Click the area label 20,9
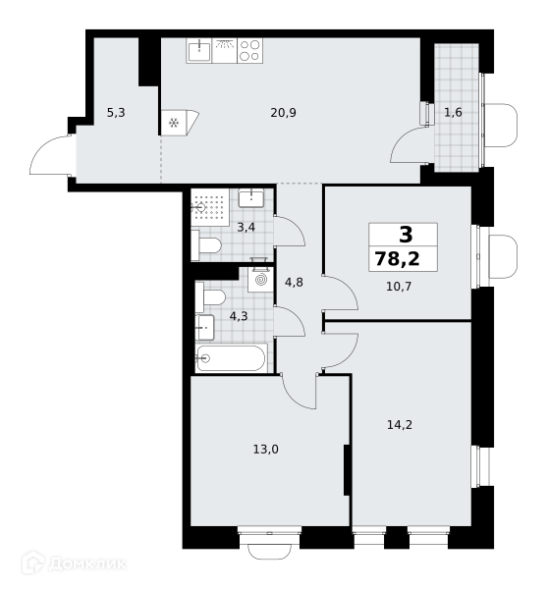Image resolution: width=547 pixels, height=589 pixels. point(283,112)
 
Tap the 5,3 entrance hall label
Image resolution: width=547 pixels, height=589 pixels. point(116,112)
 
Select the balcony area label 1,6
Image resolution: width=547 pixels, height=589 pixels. point(453,112)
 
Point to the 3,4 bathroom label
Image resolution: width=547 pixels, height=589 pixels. point(246,228)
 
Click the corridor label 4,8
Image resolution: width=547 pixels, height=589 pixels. point(294,282)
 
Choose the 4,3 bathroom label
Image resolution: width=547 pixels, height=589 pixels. point(239,316)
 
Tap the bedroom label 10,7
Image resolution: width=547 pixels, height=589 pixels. point(399,287)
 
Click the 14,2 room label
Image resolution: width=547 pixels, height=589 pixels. point(400,425)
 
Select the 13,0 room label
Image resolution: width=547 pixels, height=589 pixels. point(265,450)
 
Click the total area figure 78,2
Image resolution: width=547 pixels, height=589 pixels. point(397,259)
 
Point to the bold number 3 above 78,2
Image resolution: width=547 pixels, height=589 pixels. point(406,236)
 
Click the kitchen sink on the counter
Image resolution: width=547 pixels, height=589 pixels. point(199,51)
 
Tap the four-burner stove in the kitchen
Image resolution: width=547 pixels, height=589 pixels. point(250,51)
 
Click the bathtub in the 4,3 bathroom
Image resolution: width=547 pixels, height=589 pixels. point(232,358)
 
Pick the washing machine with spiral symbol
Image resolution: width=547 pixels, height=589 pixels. point(260,279)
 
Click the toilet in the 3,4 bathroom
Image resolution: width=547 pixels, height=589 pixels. point(206,245)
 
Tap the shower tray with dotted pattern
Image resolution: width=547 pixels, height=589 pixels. point(210,207)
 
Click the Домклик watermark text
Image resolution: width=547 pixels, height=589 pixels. point(87,563)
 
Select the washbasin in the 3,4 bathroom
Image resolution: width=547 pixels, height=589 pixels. point(251,198)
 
